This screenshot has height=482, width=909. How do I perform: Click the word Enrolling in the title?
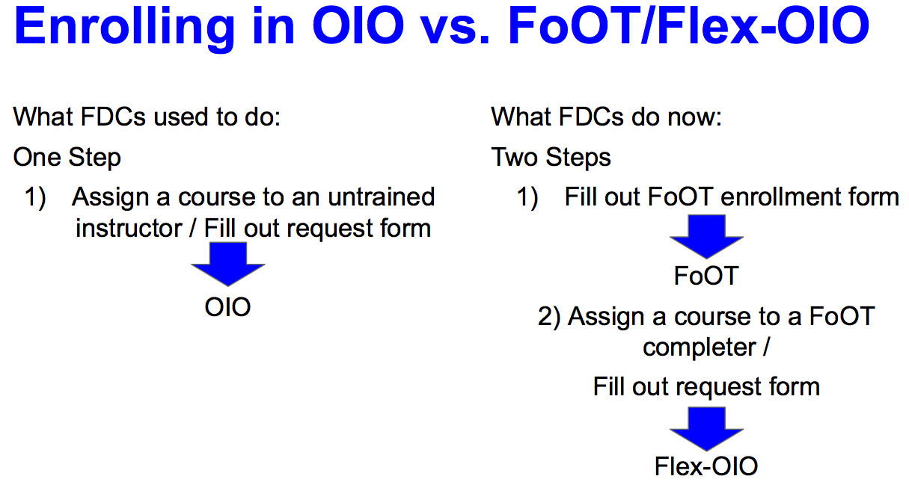(x=124, y=28)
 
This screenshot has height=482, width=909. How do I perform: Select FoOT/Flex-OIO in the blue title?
(x=688, y=25)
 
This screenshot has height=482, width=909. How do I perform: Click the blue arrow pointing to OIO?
(x=228, y=264)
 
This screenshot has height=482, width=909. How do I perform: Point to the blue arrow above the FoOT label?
(x=706, y=236)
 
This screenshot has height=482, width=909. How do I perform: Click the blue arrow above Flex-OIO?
(x=706, y=428)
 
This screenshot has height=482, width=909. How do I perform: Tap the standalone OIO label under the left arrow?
(x=227, y=307)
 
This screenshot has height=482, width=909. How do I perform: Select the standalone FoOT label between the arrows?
(x=706, y=276)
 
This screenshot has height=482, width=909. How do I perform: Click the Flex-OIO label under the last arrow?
(x=706, y=466)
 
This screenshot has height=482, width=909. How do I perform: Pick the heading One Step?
(x=67, y=157)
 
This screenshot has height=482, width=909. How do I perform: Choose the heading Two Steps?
(x=551, y=157)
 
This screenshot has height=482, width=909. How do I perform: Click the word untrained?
(x=382, y=197)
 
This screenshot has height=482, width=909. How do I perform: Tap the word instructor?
(x=129, y=228)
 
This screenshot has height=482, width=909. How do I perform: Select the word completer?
(x=700, y=347)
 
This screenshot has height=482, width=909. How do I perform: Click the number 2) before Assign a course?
(x=549, y=317)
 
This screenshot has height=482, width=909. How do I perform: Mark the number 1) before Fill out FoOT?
(x=527, y=197)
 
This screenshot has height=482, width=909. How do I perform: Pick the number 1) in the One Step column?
(x=35, y=197)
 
